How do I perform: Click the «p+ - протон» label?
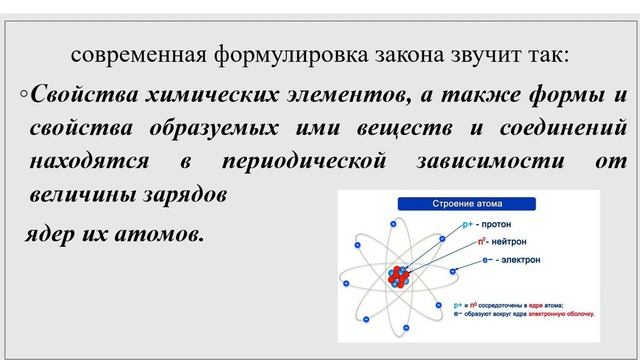coord(490,225)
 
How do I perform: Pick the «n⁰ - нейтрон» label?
coord(496,242)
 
